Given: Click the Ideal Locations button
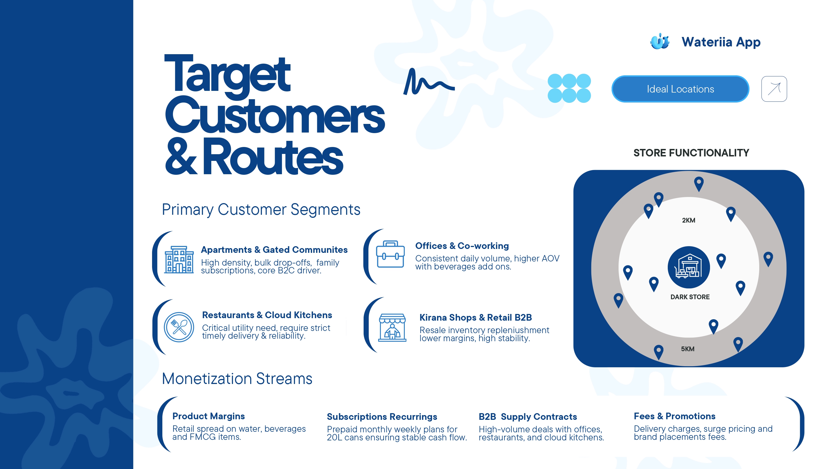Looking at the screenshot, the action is pos(680,89).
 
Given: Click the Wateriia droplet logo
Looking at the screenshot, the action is pos(659,41).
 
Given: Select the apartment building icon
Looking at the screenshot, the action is pos(179,260).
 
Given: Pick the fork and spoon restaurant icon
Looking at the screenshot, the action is pos(179,327).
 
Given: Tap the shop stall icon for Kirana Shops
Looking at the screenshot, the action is pos(392,328).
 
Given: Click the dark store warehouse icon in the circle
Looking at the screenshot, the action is pos(689,267).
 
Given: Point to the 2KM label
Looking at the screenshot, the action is pos(688,220).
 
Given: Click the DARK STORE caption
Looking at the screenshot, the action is pos(690,297).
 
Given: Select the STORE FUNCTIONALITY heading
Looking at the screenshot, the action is pos(691,153).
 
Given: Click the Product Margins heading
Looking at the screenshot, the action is pos(209,416).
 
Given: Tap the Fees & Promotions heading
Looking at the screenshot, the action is pos(674,416).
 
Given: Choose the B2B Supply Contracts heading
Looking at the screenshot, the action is pos(528,417).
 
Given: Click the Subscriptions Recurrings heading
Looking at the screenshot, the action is pos(382,417).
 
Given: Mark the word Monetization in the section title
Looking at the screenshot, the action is pos(207,379).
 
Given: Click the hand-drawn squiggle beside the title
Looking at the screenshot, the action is pos(429,82).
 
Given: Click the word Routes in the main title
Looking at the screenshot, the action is pos(273,157).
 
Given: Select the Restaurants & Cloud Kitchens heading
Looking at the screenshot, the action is pos(267,315).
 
